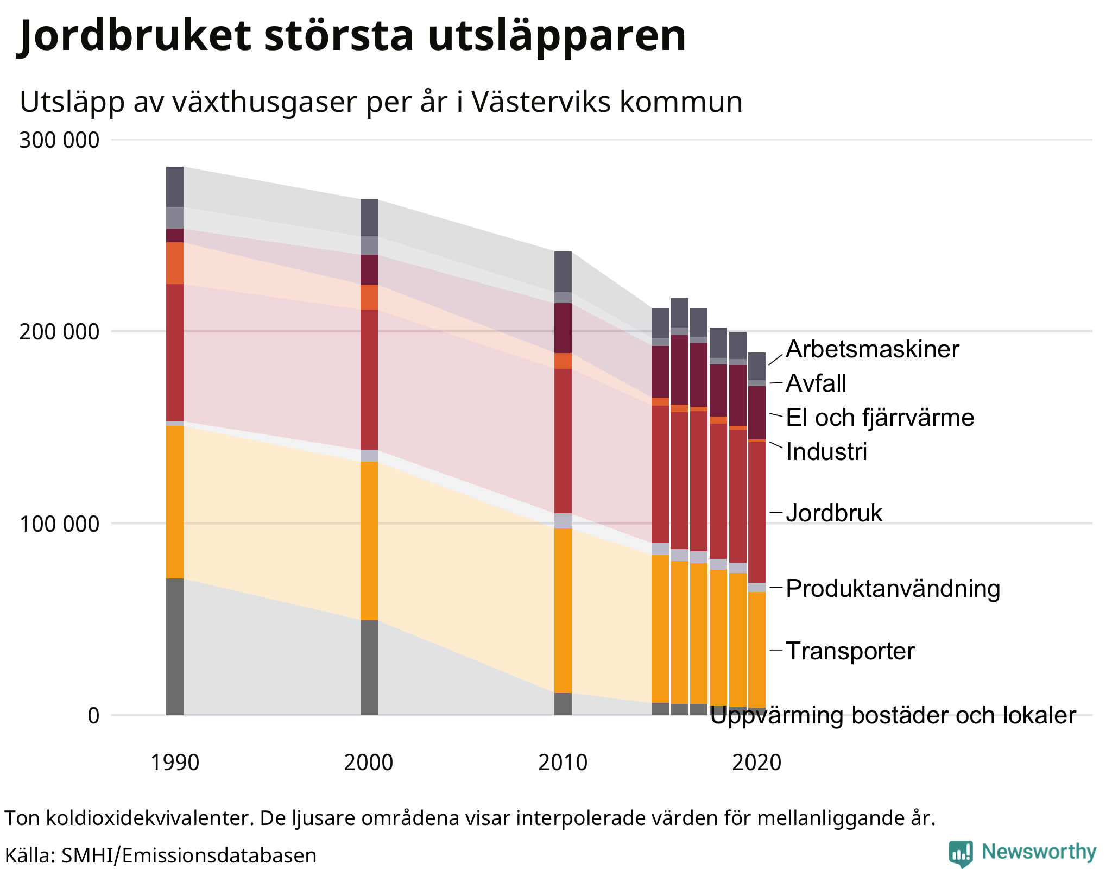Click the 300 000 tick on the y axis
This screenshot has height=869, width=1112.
(x=59, y=140)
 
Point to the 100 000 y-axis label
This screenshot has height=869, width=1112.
(x=59, y=524)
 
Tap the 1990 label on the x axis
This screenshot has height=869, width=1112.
(x=174, y=763)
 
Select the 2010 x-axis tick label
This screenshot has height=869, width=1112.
(x=563, y=763)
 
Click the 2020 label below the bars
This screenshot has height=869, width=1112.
(x=756, y=763)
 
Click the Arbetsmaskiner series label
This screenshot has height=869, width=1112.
(x=872, y=349)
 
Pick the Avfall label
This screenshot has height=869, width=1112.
(x=816, y=383)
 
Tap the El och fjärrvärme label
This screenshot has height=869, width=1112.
(x=880, y=418)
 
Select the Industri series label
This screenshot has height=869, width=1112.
(x=826, y=452)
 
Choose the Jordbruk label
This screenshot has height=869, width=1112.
(x=834, y=513)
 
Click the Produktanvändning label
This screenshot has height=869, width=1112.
(x=893, y=589)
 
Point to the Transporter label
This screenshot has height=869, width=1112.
(x=850, y=651)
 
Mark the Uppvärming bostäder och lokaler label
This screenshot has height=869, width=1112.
(x=893, y=716)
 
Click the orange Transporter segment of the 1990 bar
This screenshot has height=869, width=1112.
(x=174, y=502)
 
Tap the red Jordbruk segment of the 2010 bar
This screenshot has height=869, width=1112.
(x=563, y=440)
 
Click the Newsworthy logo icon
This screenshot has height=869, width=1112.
(x=961, y=853)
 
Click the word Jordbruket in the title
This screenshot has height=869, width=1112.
(x=136, y=35)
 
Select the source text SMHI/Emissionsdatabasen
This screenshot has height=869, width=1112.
(x=188, y=855)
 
